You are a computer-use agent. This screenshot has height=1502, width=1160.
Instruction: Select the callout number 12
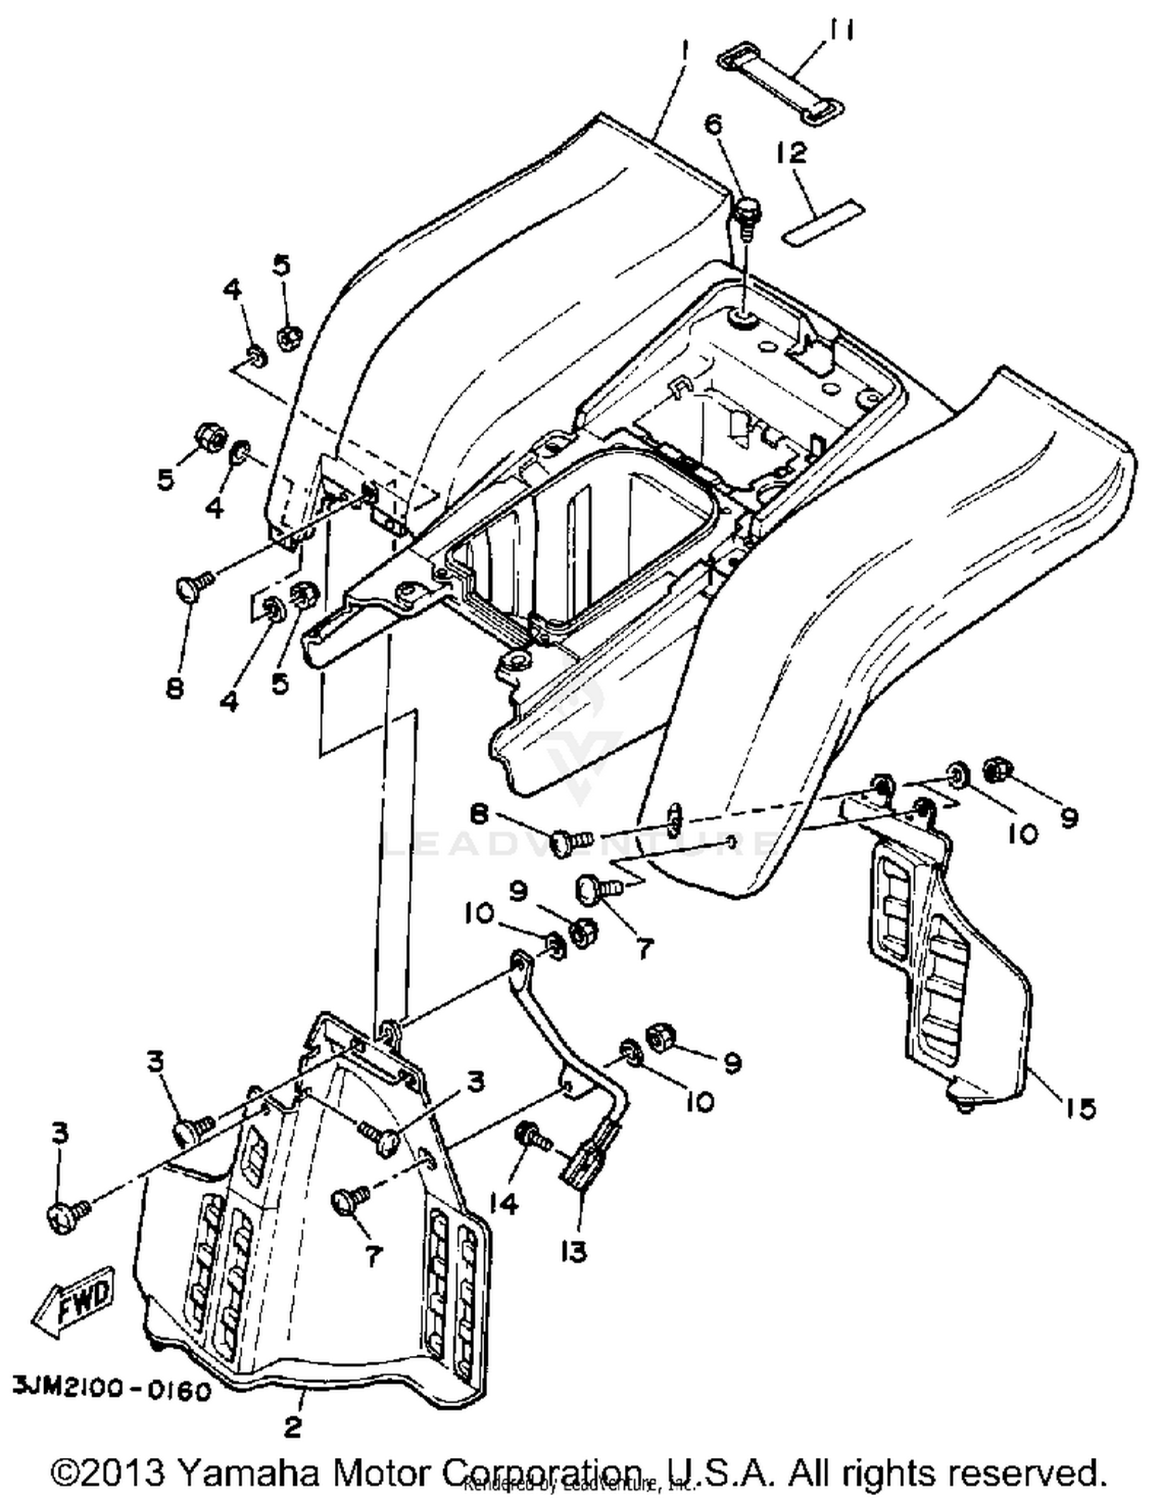point(792,152)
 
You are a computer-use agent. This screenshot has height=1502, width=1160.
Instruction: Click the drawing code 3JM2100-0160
point(111,1391)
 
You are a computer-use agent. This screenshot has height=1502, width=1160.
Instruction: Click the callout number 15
point(1080,1109)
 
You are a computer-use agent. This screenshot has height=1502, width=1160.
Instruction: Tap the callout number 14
point(504,1204)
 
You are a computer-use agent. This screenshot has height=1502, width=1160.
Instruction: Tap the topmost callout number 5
point(281,265)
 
